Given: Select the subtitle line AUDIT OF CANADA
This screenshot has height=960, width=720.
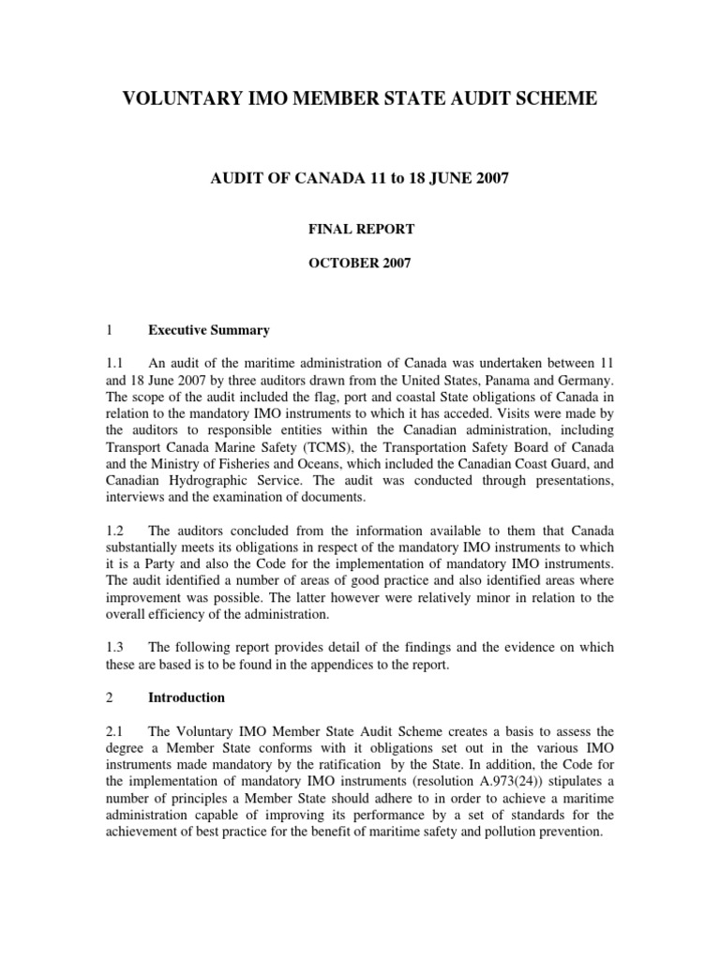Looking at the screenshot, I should [x=359, y=178].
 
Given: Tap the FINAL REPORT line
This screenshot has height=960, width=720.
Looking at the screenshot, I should [x=359, y=228].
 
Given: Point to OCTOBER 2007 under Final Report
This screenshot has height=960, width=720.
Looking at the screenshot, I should [x=359, y=263].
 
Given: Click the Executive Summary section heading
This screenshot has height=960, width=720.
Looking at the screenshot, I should [x=209, y=330].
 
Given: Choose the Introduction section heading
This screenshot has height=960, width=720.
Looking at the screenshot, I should [x=187, y=697].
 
